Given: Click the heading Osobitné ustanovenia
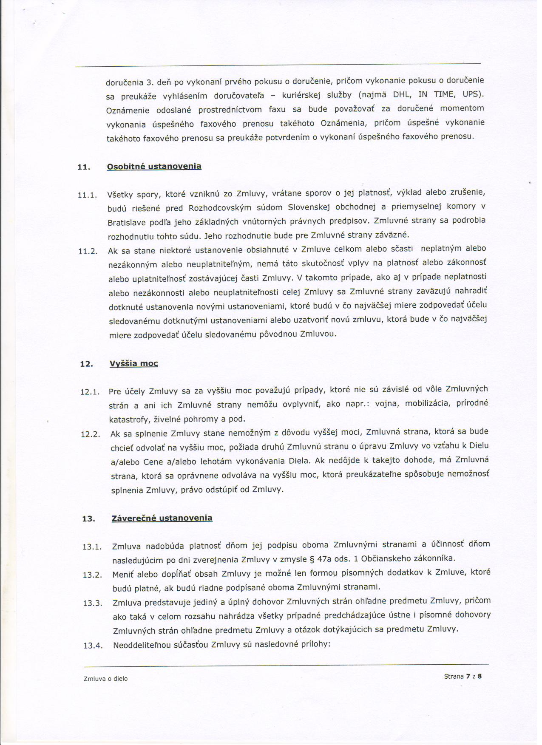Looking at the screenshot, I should pyautogui.click(x=154, y=166).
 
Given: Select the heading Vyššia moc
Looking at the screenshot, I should pyautogui.click(x=133, y=363).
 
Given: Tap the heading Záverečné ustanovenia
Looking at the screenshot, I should pyautogui.click(x=162, y=518).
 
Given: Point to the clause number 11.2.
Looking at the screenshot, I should pyautogui.click(x=88, y=251).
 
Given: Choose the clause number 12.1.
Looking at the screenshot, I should pyautogui.click(x=90, y=392).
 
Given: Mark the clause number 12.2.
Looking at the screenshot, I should pyautogui.click(x=90, y=434).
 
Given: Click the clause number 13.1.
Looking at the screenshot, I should pyautogui.click(x=92, y=547).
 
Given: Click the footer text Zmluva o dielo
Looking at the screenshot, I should pyautogui.click(x=106, y=679).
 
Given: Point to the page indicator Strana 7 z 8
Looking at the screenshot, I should pyautogui.click(x=463, y=676).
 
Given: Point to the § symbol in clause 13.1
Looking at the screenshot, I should pyautogui.click(x=316, y=558).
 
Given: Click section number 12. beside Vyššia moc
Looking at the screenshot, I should pyautogui.click(x=86, y=364).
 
